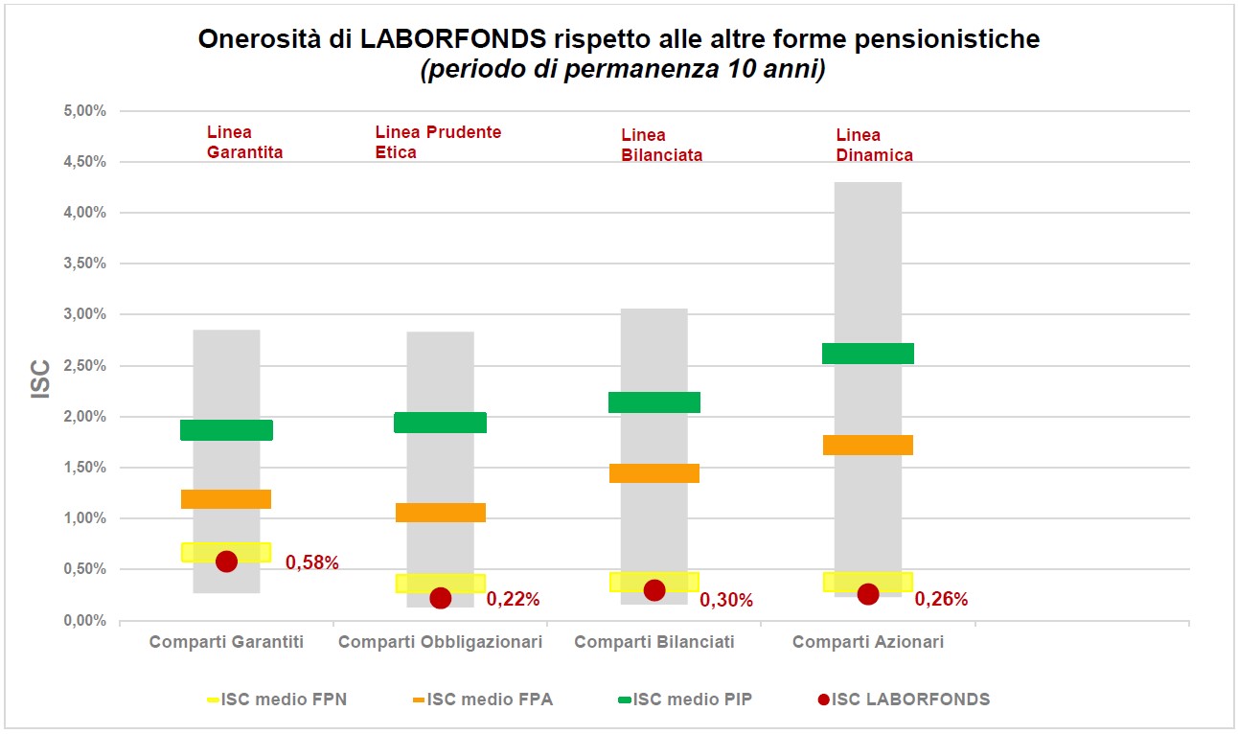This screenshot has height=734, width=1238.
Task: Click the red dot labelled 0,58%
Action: coord(226,562)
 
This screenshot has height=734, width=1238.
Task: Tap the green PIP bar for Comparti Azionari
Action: coord(868,354)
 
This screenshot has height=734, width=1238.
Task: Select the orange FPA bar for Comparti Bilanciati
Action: coord(654,473)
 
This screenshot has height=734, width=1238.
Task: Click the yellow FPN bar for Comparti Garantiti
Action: coord(226,552)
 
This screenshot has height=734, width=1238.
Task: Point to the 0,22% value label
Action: coord(513,600)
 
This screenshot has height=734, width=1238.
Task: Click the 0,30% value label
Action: coord(726,601)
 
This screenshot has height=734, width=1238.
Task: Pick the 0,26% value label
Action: coord(941,600)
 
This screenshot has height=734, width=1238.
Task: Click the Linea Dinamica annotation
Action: coord(874,145)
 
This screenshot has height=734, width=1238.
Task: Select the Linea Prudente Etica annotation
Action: coord(438,142)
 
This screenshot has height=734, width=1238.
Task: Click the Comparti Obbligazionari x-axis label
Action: coord(440,642)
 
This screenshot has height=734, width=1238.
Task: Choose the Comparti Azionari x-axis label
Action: coord(868,642)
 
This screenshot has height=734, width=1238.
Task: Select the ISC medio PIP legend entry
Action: coord(682,700)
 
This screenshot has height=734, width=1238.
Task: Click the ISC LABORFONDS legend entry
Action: coord(903,700)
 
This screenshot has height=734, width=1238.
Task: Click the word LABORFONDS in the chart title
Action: coord(457,39)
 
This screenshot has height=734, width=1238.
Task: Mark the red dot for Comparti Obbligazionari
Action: coord(441,598)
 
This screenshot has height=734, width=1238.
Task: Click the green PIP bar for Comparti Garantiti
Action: coord(226,430)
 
